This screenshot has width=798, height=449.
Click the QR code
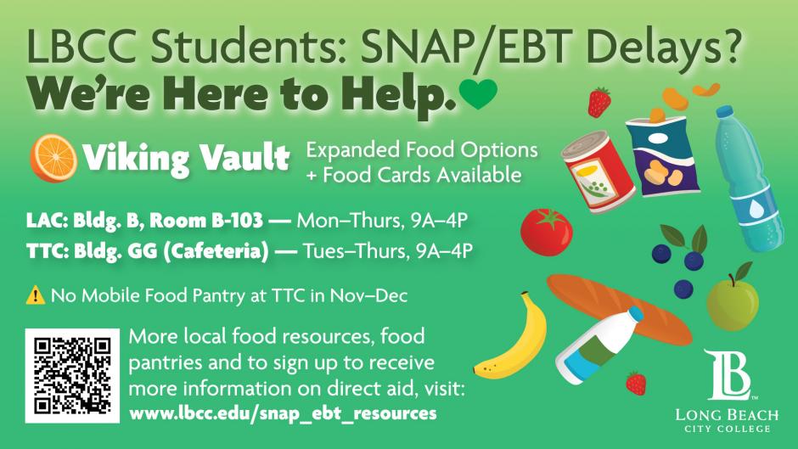click(73, 374)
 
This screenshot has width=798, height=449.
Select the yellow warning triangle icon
click(37, 296)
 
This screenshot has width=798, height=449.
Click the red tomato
click(547, 229)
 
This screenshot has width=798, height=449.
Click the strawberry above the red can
click(600, 101)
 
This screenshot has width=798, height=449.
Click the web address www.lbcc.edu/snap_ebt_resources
click(283, 413)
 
